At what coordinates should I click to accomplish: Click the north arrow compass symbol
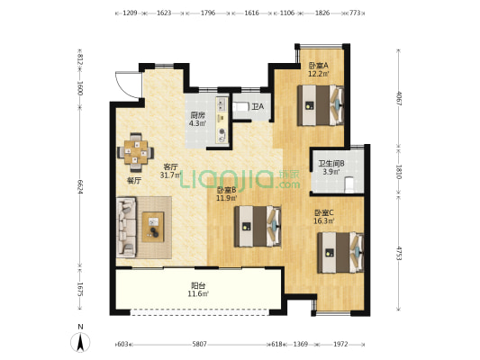80,342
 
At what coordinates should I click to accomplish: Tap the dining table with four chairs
136,152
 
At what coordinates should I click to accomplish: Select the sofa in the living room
126,228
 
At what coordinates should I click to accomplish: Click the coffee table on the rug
153,227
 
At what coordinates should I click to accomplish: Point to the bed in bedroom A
321,105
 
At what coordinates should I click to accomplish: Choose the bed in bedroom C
340,253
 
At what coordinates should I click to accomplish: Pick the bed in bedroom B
258,226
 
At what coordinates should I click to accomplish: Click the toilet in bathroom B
349,185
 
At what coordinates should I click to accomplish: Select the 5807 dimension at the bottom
199,345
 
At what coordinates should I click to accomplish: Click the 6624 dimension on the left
80,186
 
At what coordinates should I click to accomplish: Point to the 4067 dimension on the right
398,98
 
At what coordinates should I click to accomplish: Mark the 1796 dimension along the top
208,13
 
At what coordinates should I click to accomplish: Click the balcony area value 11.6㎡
198,294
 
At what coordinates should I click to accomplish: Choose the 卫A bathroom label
258,107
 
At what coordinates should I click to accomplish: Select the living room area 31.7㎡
170,175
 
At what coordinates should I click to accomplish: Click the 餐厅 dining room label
134,181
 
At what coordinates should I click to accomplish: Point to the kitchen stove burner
222,132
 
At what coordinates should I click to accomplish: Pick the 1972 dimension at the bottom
340,345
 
